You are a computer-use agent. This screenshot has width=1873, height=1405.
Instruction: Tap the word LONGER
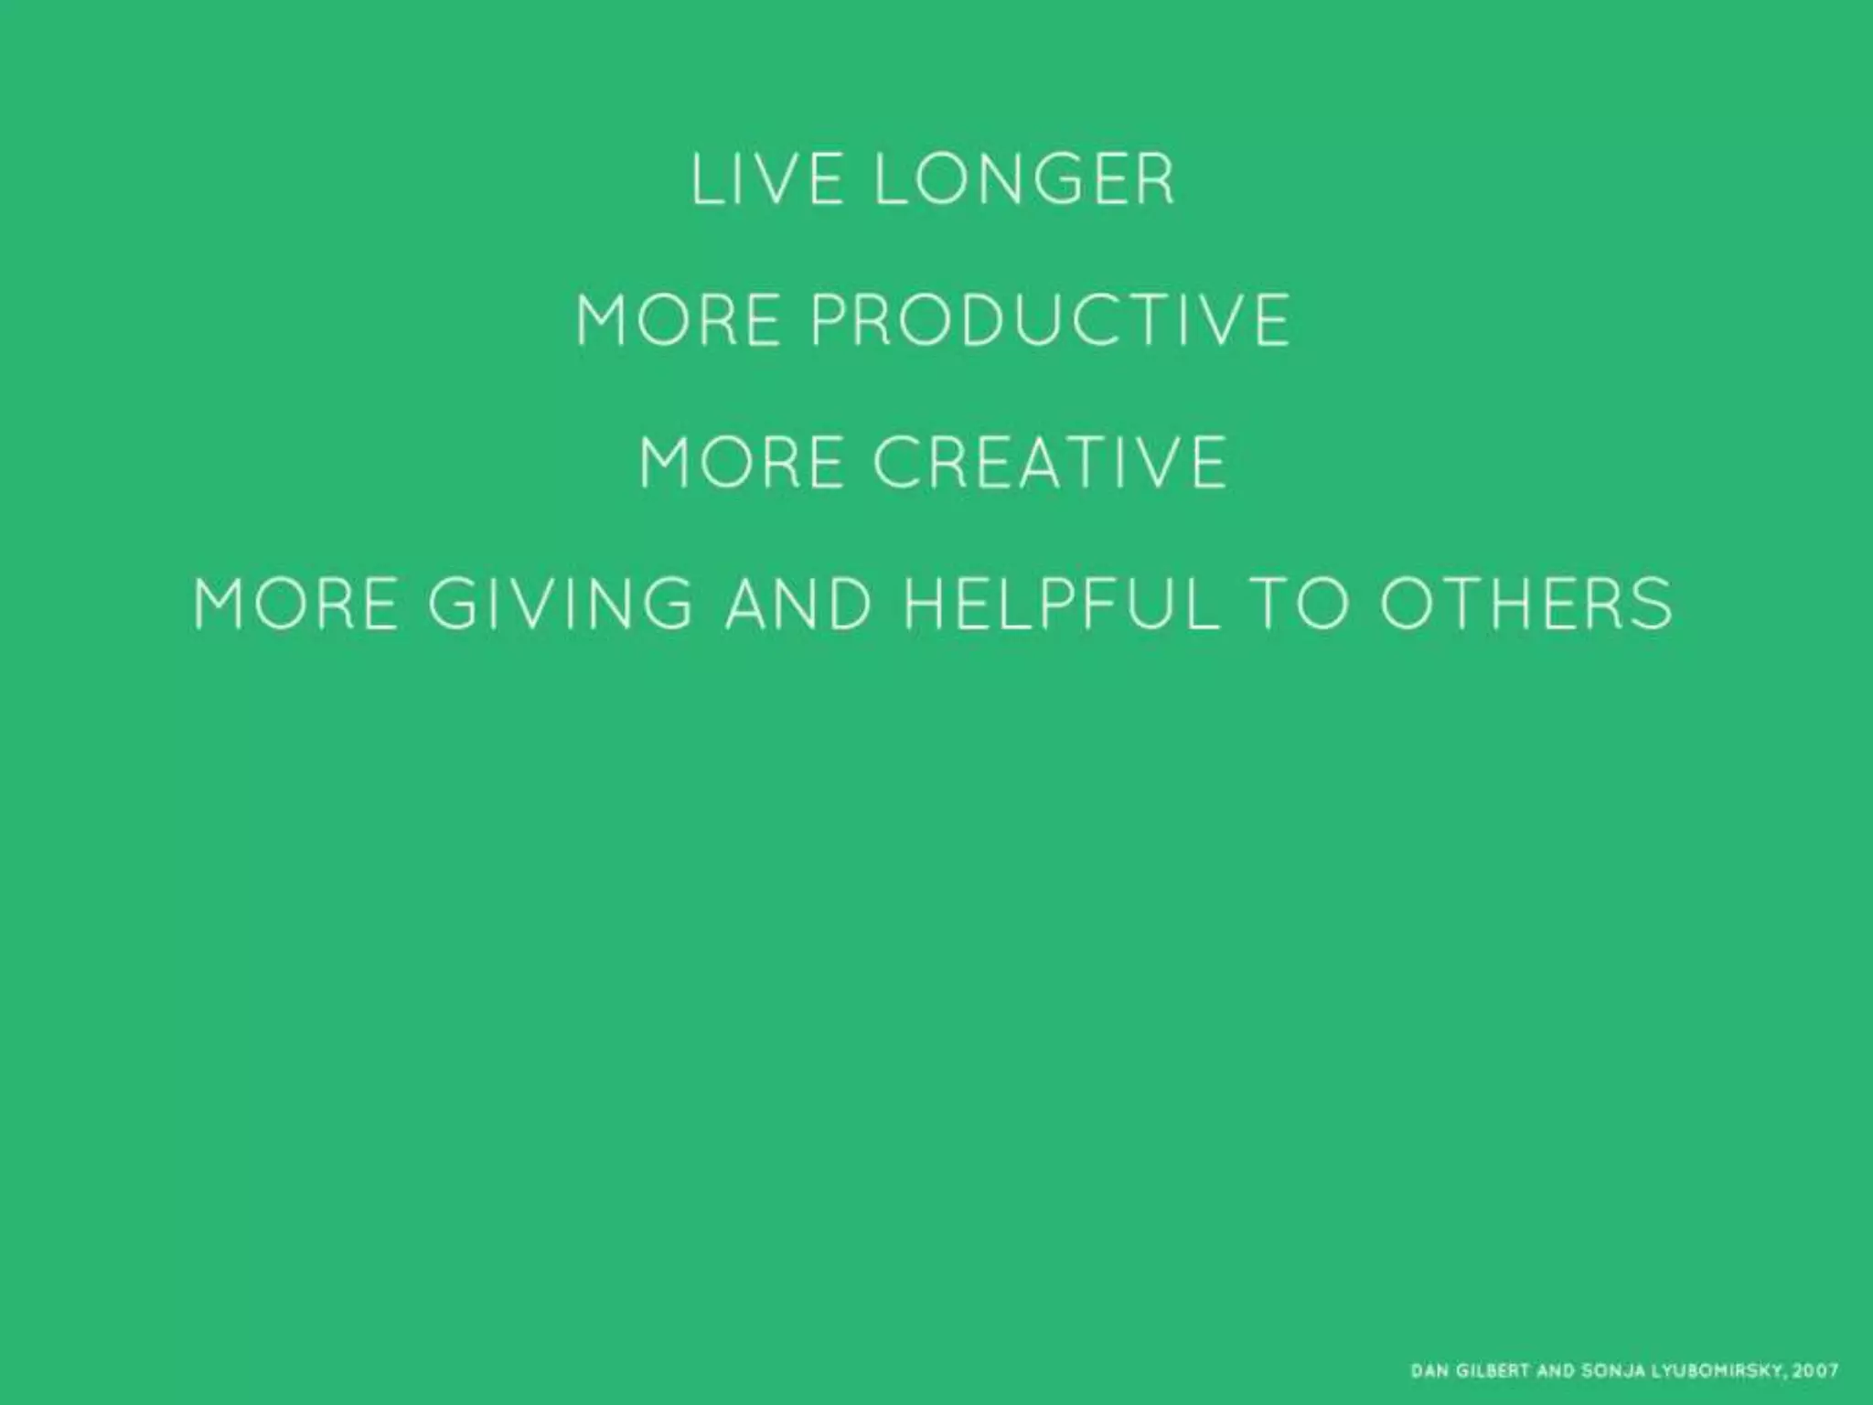click(x=1024, y=180)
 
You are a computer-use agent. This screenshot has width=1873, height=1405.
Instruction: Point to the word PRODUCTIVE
click(x=1051, y=320)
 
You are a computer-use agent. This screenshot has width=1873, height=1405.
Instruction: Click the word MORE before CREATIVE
click(x=741, y=462)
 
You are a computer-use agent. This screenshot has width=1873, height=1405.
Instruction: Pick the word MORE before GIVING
click(x=295, y=604)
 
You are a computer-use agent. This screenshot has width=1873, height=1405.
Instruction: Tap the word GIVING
click(x=561, y=604)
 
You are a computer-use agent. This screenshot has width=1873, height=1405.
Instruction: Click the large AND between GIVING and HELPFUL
click(x=797, y=604)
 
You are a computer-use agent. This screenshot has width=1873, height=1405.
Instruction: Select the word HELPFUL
click(x=1062, y=604)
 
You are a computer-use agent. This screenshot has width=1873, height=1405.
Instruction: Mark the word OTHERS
click(x=1526, y=604)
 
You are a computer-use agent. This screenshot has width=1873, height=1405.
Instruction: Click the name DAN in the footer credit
click(x=1428, y=1371)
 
